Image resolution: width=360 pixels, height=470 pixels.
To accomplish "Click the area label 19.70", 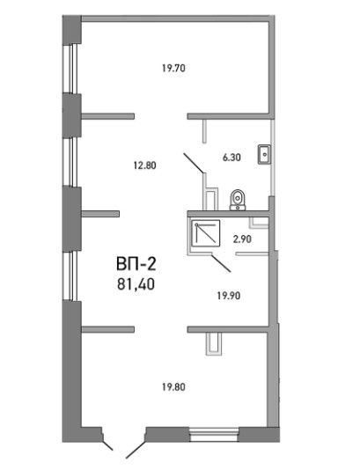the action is point(173,69).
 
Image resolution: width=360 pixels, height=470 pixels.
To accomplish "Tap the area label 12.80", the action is point(144,165).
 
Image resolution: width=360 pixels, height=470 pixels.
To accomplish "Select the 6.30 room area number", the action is point(231,158).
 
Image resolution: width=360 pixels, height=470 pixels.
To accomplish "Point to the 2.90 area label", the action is point(242,239).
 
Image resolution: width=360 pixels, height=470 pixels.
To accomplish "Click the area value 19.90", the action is point(229,296).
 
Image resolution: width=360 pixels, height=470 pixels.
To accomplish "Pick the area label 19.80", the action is point(173,387).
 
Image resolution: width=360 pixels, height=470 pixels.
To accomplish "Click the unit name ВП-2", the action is point(136,264).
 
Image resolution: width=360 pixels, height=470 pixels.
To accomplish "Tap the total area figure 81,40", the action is point(136,284).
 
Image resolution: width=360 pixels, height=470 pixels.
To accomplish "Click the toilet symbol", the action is point(238,200).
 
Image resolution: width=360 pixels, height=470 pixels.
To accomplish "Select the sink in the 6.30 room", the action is point(264,154).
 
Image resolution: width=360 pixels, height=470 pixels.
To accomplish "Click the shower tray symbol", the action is point(206,233).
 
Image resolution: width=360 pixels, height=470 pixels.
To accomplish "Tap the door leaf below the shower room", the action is point(221,263).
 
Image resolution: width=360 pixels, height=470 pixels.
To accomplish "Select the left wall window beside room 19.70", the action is point(72,69).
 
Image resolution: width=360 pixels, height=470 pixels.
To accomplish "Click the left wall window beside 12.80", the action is point(72,162).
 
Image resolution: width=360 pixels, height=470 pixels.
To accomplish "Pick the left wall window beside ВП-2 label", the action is point(72,276).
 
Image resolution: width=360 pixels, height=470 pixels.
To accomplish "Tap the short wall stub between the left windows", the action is point(100,214).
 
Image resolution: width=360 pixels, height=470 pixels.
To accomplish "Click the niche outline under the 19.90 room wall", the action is point(214,344).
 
